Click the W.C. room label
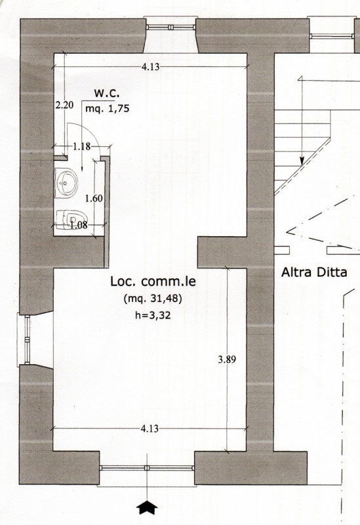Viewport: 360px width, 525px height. click(x=107, y=93)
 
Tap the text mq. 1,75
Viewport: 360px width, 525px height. click(x=107, y=108)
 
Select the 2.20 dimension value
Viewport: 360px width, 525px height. click(x=64, y=105)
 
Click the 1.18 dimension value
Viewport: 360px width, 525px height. click(x=81, y=146)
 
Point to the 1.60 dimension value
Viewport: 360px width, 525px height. click(x=94, y=198)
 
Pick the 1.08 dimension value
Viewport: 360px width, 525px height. click(x=79, y=224)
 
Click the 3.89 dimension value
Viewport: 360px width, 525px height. click(x=227, y=360)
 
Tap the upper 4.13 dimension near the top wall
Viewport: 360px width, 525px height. click(x=151, y=67)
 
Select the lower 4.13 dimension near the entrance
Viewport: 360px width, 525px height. click(x=150, y=429)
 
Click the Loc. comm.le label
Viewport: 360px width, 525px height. click(x=153, y=282)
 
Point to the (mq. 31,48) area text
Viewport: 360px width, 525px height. click(x=153, y=299)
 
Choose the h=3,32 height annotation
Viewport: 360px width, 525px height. click(x=153, y=315)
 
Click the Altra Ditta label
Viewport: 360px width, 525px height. click(x=314, y=272)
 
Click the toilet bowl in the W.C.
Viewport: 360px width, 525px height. click(x=70, y=219)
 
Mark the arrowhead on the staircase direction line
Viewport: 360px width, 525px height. click(x=302, y=160)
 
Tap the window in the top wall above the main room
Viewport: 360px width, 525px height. click(x=170, y=27)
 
